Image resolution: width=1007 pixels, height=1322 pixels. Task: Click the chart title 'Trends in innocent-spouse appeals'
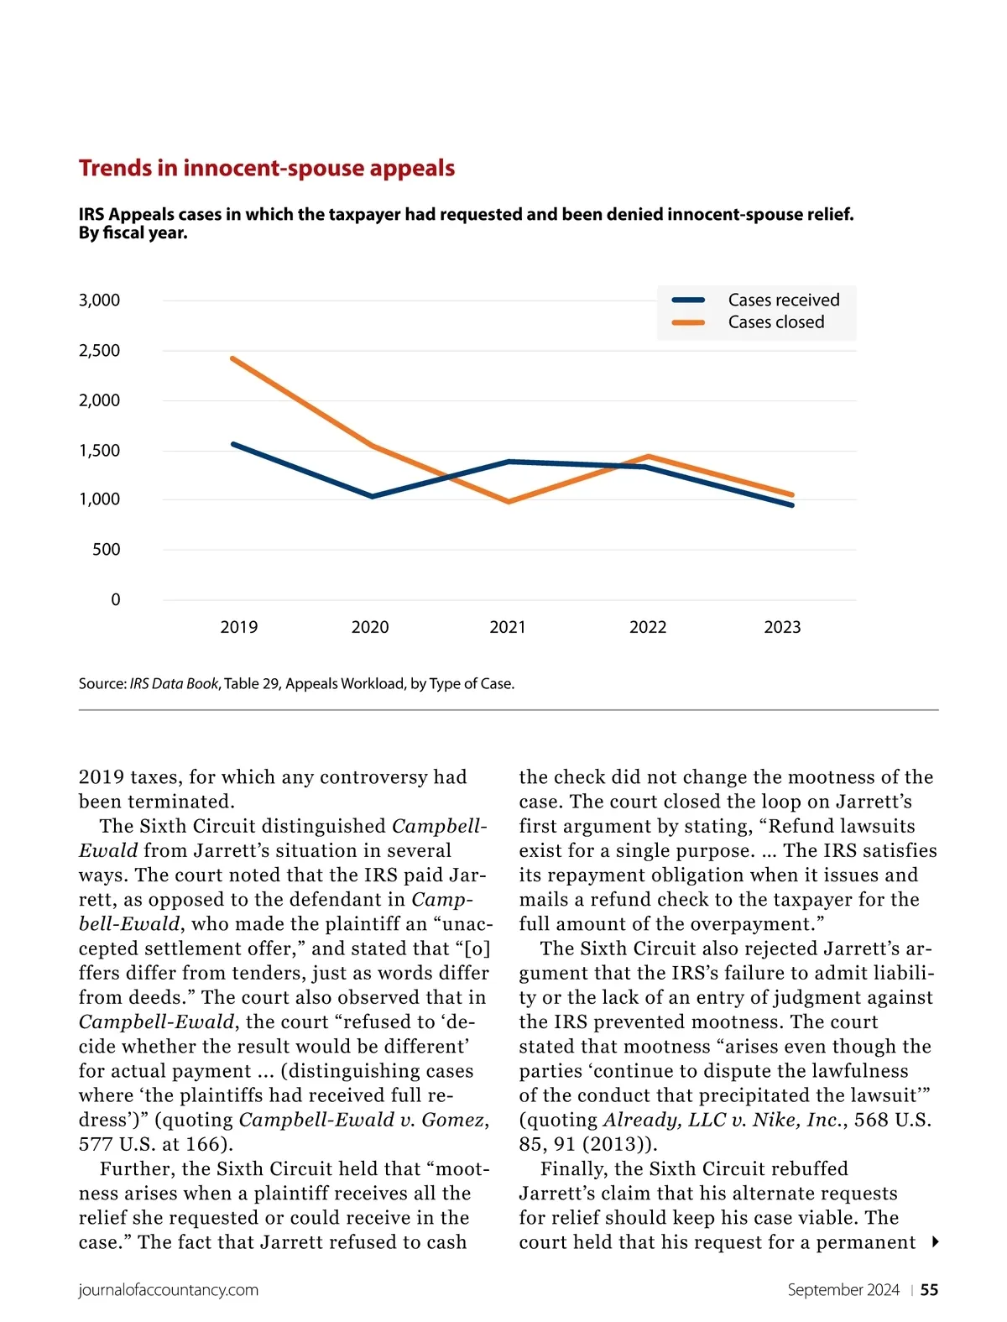(267, 168)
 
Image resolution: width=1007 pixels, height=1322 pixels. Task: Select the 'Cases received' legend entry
(783, 300)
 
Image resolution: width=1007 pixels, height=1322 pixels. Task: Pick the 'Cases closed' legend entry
(775, 322)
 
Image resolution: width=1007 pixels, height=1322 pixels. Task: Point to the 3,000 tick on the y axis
(100, 300)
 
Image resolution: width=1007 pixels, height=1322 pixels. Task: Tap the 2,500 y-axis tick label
(100, 351)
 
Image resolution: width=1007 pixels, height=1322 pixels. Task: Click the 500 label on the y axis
(107, 550)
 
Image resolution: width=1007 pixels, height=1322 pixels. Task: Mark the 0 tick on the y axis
(116, 600)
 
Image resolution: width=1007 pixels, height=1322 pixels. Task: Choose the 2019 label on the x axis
(239, 627)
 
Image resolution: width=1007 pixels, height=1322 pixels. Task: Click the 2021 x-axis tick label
(508, 627)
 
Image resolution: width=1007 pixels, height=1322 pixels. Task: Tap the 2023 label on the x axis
(782, 627)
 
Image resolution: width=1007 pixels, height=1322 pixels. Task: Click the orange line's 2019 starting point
(232, 358)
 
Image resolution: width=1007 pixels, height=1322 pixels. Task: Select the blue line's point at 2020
(372, 497)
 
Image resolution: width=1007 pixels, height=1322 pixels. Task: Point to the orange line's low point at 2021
(509, 502)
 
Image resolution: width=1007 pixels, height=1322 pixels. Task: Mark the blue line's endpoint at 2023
(791, 505)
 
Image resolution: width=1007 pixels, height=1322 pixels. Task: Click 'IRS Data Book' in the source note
(174, 684)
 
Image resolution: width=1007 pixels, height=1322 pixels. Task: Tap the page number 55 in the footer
(929, 1290)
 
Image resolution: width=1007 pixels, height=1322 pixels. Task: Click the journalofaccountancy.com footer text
(169, 1290)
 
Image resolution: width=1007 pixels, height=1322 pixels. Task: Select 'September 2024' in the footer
(843, 1290)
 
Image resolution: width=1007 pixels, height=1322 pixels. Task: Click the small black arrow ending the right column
(935, 1242)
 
